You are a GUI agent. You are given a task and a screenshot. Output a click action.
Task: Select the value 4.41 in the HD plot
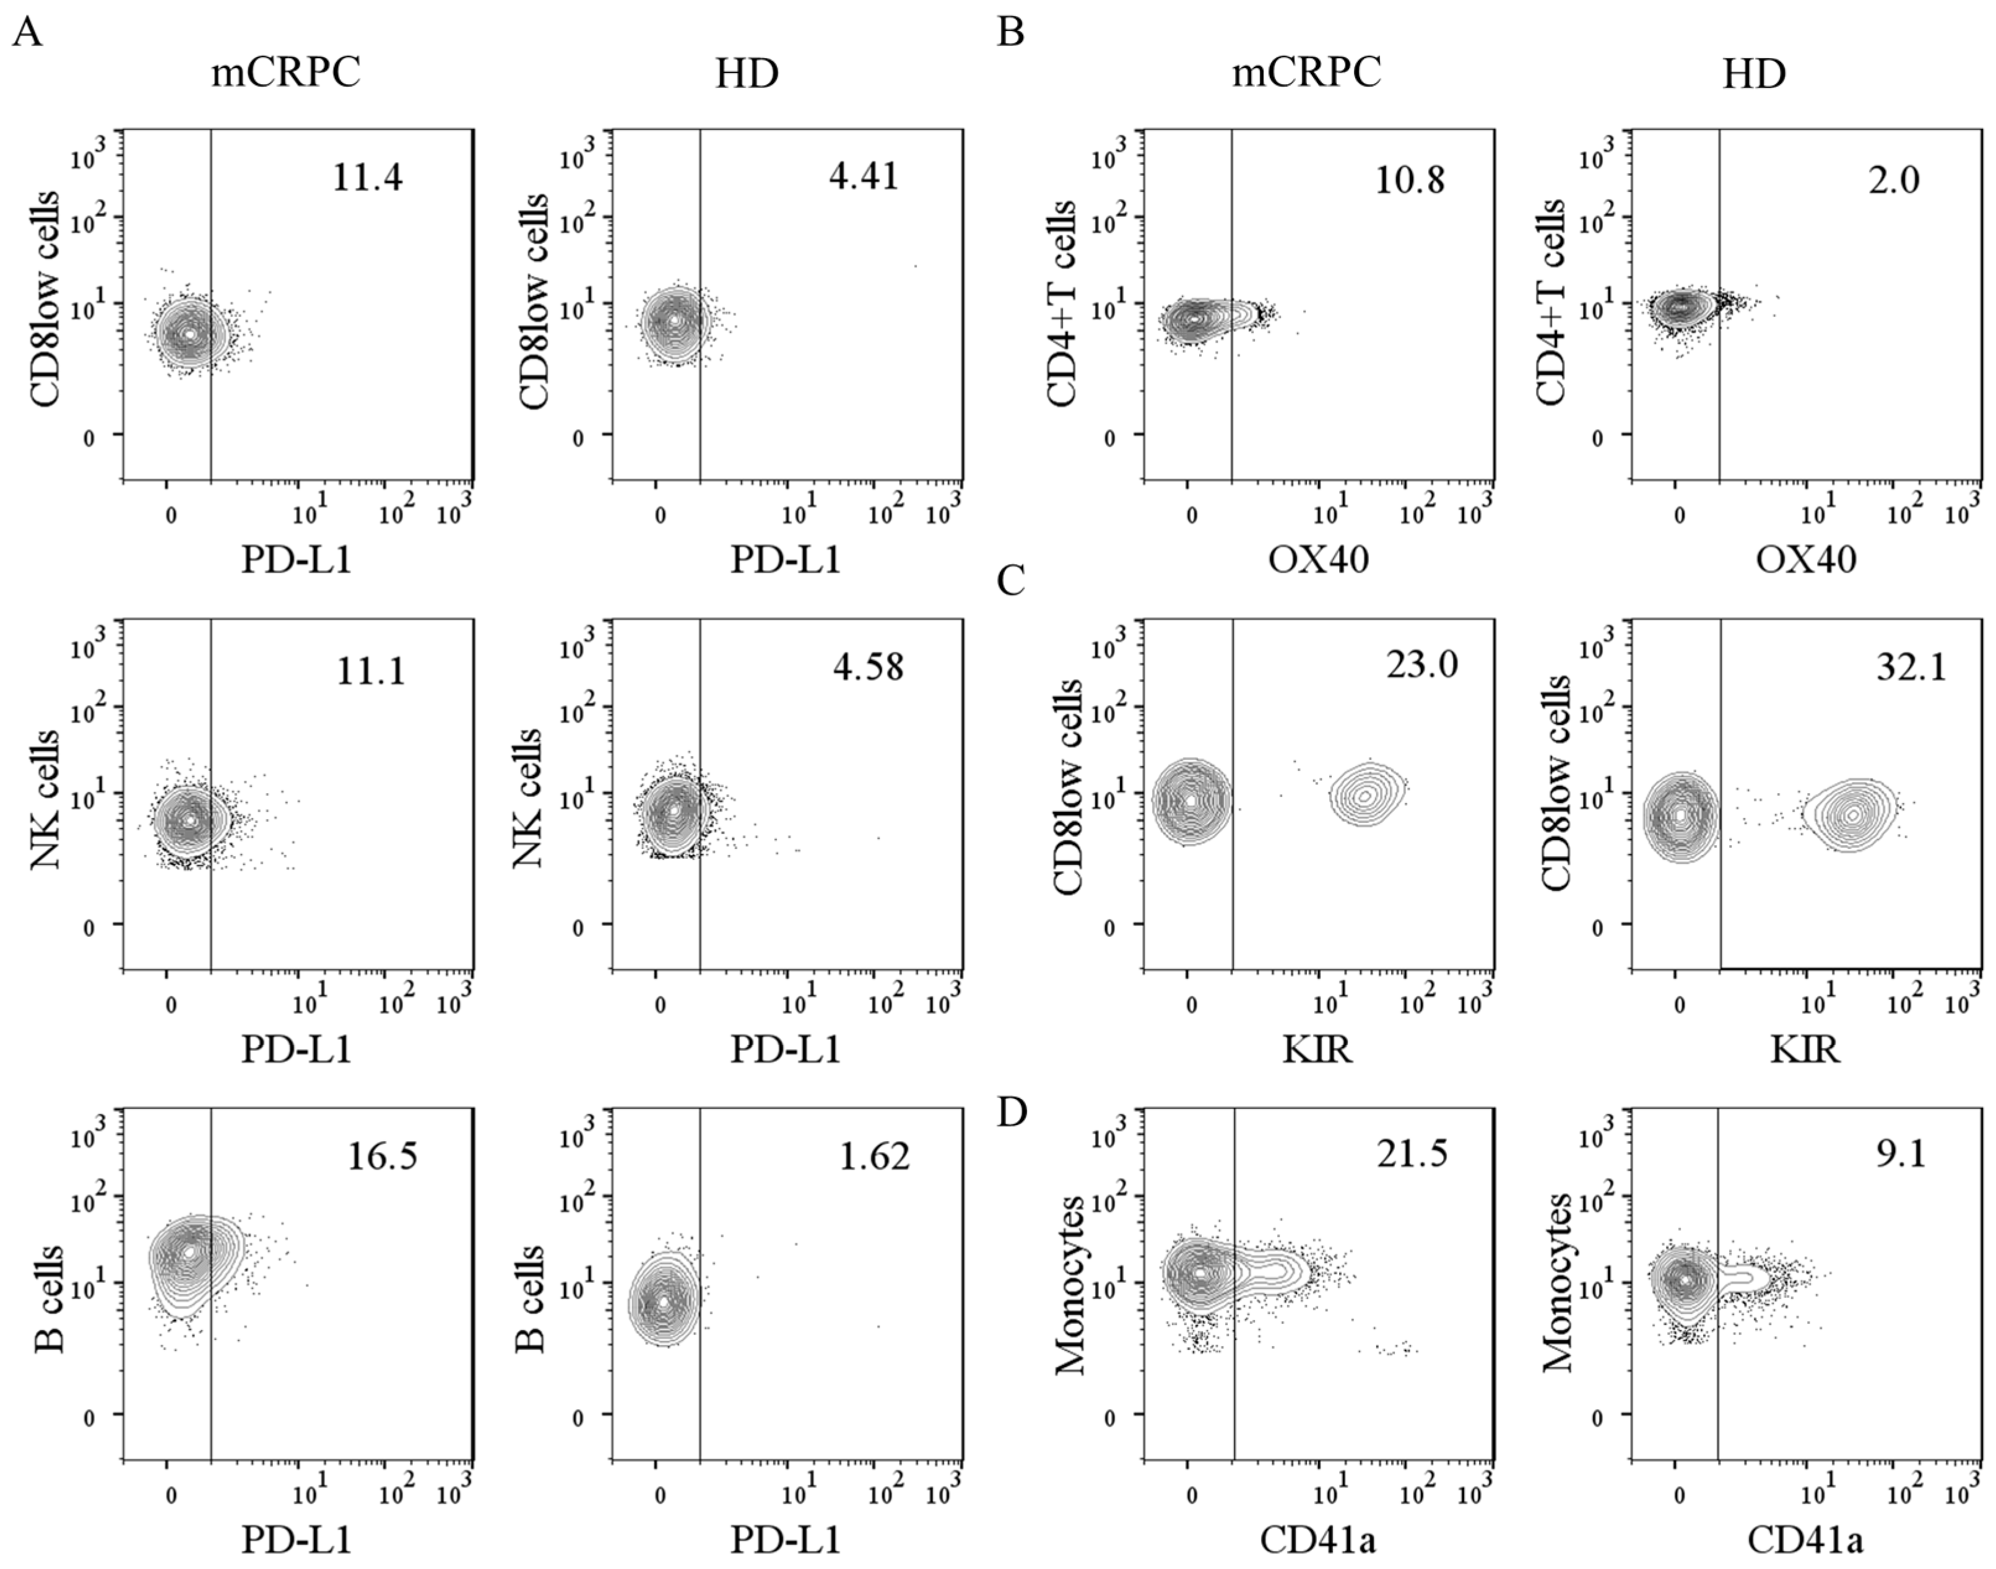tap(864, 175)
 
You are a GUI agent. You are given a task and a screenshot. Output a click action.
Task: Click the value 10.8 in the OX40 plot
tap(1409, 179)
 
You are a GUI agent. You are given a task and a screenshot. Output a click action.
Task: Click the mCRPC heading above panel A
tap(285, 74)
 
